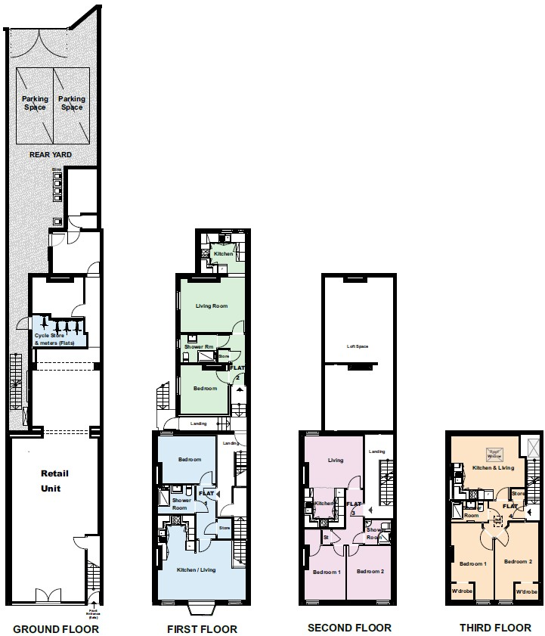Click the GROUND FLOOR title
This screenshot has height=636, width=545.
tap(56, 628)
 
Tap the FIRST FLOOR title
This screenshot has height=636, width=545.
tap(202, 628)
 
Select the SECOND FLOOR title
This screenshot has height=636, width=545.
tap(349, 628)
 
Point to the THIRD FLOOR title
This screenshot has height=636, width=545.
tap(495, 628)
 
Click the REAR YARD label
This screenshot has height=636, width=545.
tap(51, 154)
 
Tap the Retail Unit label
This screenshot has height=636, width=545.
tap(54, 481)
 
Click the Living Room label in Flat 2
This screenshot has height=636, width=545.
tap(212, 306)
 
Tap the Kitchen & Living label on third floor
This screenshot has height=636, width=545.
tap(493, 468)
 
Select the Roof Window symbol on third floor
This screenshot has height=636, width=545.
tap(495, 455)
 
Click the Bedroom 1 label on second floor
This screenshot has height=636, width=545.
tap(327, 571)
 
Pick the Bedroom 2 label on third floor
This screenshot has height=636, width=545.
tap(519, 561)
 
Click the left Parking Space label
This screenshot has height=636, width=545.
tap(35, 103)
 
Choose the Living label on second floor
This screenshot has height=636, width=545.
tap(336, 460)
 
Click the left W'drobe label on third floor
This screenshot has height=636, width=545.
tap(462, 591)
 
